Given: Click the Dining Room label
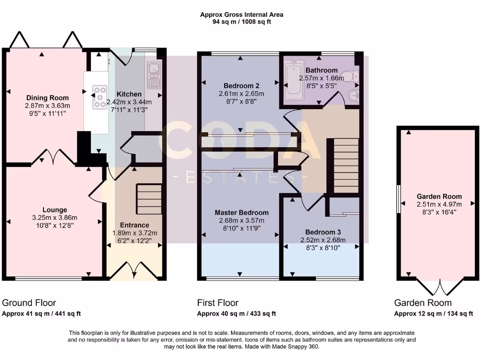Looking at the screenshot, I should click(47, 98).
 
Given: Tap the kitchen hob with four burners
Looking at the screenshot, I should click(100, 97).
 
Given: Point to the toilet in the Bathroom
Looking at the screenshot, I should click(350, 76).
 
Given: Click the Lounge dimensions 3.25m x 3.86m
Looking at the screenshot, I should click(54, 217).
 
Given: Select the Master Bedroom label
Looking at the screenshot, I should click(241, 212).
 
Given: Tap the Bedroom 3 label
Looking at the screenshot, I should click(322, 232).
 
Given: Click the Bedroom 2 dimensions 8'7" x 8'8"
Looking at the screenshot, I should click(241, 101).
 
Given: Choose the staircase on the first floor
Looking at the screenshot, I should click(346, 166).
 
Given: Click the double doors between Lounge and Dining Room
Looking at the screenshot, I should click(53, 157).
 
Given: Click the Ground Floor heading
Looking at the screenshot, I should click(29, 303).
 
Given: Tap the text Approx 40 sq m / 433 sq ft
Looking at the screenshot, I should click(236, 314).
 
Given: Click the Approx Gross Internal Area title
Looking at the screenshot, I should click(241, 15).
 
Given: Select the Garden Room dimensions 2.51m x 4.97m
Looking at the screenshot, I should click(439, 204).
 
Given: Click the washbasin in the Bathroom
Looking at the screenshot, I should click(354, 96).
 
